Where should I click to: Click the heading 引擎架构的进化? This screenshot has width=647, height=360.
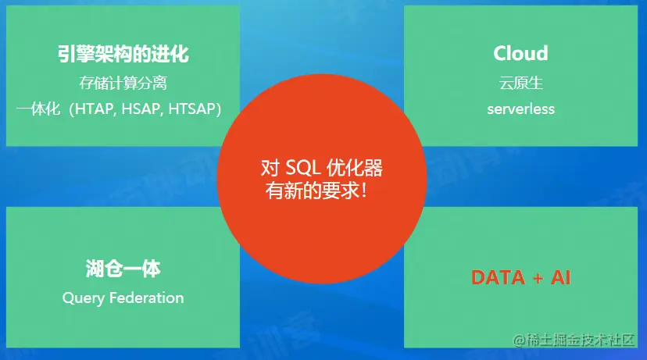pos(123,54)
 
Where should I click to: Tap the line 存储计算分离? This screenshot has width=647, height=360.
pos(123,83)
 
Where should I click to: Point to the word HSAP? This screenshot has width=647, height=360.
pos(141,109)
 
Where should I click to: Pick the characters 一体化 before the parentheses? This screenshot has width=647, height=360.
pos(38,109)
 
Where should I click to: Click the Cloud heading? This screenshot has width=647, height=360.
pos(520,53)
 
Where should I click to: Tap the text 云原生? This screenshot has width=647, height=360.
pos(520,83)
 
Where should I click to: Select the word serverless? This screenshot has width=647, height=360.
pos(520,109)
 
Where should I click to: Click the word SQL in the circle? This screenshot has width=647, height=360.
pos(303,167)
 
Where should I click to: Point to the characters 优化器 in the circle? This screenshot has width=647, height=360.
pos(355,167)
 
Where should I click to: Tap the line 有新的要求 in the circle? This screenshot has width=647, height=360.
pos(316,191)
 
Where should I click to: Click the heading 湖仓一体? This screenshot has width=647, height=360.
pos(123,269)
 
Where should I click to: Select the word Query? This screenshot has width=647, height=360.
pos(84,298)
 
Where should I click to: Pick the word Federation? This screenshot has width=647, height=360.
pos(147,298)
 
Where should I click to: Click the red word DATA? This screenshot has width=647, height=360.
pos(498,277)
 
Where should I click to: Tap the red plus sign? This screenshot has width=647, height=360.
pos(538,278)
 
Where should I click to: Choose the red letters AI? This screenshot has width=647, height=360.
pos(561,277)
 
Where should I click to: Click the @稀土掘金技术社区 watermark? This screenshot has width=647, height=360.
pos(574,340)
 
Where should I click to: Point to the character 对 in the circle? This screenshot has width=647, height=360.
pos(270,167)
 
